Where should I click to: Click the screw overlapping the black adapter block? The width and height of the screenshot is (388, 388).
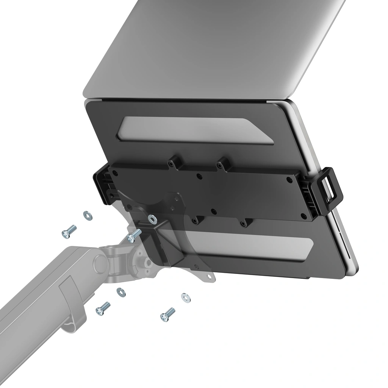[x=134, y=236]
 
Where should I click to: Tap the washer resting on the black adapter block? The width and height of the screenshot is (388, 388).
[x=152, y=218]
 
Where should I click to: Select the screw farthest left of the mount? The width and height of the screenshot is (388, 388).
[x=69, y=231]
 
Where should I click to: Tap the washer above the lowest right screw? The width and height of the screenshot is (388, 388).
[x=186, y=297]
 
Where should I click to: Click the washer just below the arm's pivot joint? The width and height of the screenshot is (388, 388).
[x=121, y=292]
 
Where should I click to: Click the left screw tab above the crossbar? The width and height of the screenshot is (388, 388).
[x=173, y=163]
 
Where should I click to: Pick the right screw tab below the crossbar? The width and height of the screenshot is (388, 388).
[x=245, y=223]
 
